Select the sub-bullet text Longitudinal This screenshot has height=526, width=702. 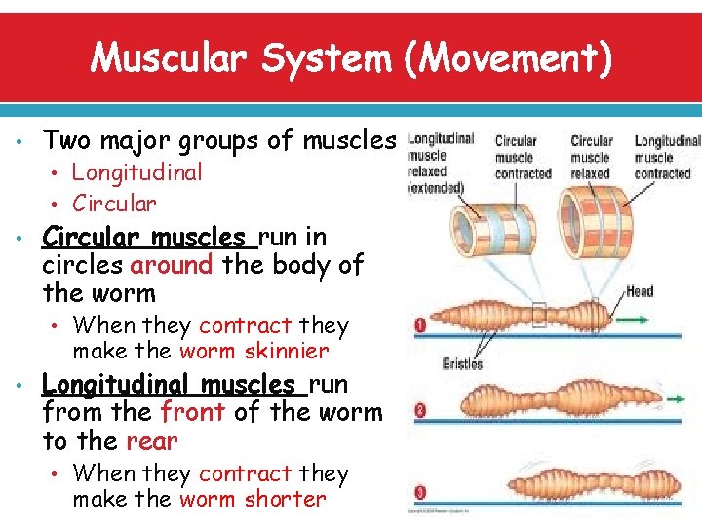coord(137,172)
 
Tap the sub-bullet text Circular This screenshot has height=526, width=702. coord(114,204)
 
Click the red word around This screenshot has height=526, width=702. coord(171,264)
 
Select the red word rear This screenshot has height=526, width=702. coord(151,440)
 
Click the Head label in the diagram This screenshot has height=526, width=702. coord(640,291)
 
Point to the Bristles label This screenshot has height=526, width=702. coord(462,363)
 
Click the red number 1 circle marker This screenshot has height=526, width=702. coord(420,325)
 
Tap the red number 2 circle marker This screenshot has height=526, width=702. coord(420,411)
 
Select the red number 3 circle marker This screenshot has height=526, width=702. coord(420,490)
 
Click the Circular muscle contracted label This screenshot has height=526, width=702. coord(523,157)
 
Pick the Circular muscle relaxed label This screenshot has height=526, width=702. coord(591,157)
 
